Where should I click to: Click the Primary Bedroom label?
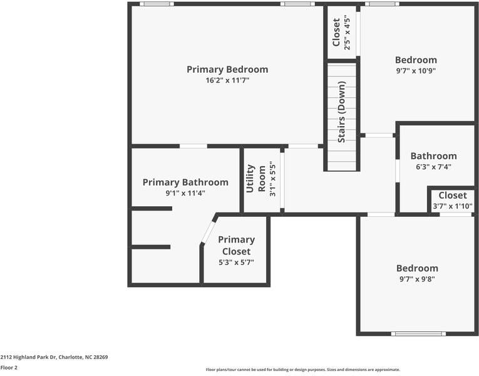pos(227,70)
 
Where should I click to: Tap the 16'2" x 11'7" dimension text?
pos(227,81)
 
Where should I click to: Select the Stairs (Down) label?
pos(342,112)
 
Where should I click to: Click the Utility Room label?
pos(256,179)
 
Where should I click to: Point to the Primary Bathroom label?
pos(185,182)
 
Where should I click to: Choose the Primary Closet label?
pos(236,245)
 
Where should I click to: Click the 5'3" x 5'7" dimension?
pos(236,263)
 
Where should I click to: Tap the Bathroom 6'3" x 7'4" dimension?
pos(433,167)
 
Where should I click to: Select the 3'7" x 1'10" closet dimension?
pos(453,206)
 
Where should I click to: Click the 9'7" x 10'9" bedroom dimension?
pos(416,71)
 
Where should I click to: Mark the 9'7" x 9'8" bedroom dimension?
pos(416,279)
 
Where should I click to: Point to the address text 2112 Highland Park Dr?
pos(54,357)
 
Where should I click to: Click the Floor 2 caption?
pos(9,368)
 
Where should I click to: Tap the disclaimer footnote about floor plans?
pos(302,370)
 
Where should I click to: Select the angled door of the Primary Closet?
pos(208,232)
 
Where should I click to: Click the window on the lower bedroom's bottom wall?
pos(418,333)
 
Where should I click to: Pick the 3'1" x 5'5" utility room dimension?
pos(272,181)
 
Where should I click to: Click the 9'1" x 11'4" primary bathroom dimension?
pos(185,193)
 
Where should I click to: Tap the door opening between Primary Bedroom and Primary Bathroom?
pos(193,146)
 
